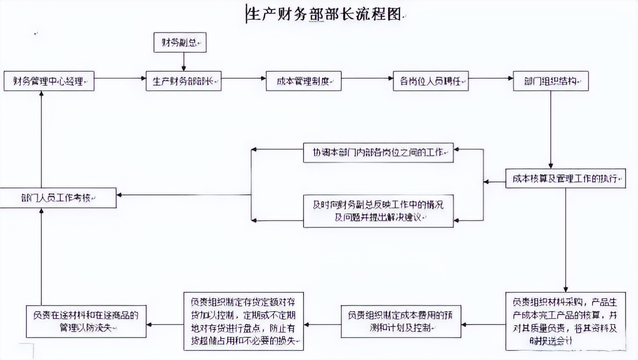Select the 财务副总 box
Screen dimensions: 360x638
[x=179, y=43]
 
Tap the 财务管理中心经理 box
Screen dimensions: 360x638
[x=48, y=81]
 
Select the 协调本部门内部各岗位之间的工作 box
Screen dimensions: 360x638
[x=378, y=153]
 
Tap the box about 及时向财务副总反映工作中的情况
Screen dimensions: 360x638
[x=378, y=211]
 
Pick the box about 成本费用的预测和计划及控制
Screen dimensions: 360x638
[x=401, y=321]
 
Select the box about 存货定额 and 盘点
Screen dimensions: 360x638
[x=243, y=321]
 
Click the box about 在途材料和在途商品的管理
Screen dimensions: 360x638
[x=86, y=321]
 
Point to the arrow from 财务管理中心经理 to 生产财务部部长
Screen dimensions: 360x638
[x=120, y=78]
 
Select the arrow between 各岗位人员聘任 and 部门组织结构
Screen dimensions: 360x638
[x=491, y=78]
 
